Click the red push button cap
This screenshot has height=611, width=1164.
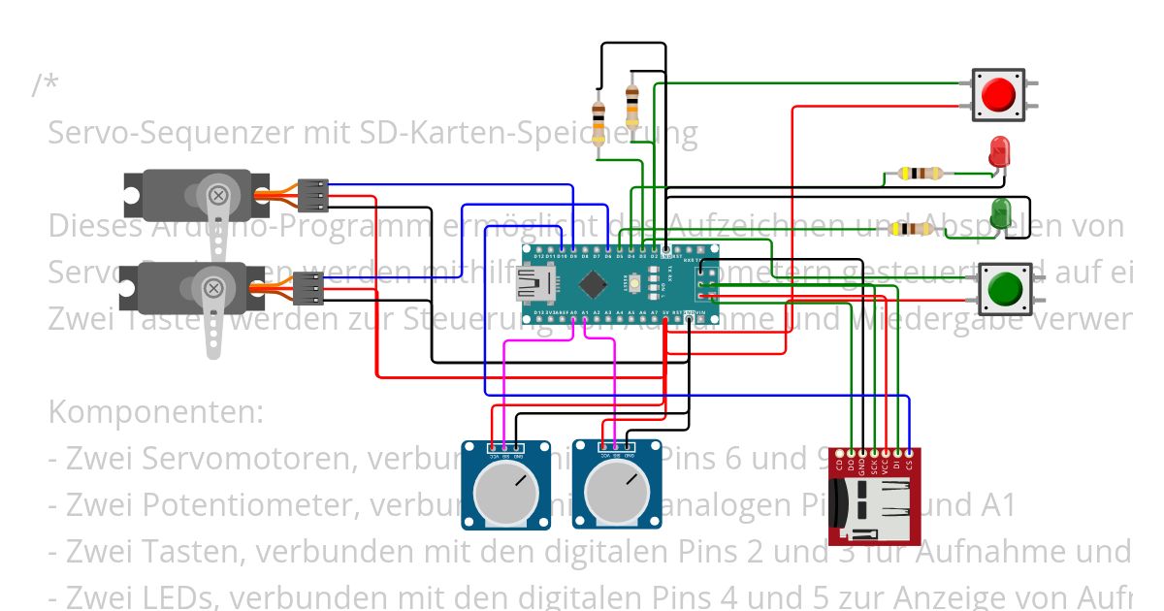998,95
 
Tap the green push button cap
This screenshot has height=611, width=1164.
1004,289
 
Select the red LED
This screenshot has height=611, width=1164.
999,152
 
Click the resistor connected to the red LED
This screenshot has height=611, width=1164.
920,174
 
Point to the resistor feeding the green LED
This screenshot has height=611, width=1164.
912,229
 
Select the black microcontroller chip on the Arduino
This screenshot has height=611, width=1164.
591,283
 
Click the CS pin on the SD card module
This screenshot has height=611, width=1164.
909,453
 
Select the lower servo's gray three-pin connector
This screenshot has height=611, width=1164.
308,288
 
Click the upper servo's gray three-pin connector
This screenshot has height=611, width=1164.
312,195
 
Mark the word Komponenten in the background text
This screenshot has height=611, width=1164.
155,411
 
